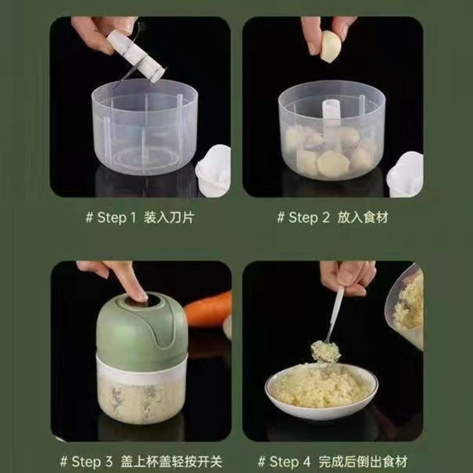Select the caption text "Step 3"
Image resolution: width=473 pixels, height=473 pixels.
92,461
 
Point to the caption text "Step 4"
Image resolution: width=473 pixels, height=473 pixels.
290,461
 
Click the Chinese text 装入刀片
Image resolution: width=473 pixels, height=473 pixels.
169,218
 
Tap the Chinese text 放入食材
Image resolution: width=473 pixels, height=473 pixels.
362,218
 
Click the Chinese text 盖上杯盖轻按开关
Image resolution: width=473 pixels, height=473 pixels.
171,461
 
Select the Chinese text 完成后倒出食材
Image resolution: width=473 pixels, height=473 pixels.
363,461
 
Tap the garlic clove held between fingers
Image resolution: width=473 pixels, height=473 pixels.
330,48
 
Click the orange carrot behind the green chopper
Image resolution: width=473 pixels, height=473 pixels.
208,309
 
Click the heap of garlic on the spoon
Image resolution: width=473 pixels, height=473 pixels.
325,351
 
